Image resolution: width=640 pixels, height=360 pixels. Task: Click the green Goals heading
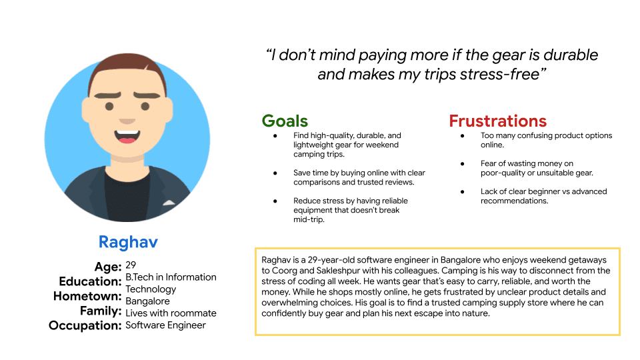pos(285,121)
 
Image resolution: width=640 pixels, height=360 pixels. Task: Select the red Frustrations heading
pos(497,121)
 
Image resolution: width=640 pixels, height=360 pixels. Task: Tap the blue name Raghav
pos(127,242)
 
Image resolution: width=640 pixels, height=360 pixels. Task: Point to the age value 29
pos(131,265)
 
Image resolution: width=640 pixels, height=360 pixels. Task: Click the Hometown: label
pos(87,296)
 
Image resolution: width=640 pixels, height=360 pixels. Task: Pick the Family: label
pos(99,311)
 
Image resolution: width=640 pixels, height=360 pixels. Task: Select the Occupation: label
pos(85,325)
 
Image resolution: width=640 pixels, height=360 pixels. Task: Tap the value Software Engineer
pos(166,325)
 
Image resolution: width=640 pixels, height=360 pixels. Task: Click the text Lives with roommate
pos(171,313)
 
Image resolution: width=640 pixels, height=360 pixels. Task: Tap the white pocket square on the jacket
pos(169,202)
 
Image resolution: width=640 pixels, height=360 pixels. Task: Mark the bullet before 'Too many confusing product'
pos(463,136)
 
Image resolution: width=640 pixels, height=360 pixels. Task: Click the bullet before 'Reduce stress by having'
pos(275,201)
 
